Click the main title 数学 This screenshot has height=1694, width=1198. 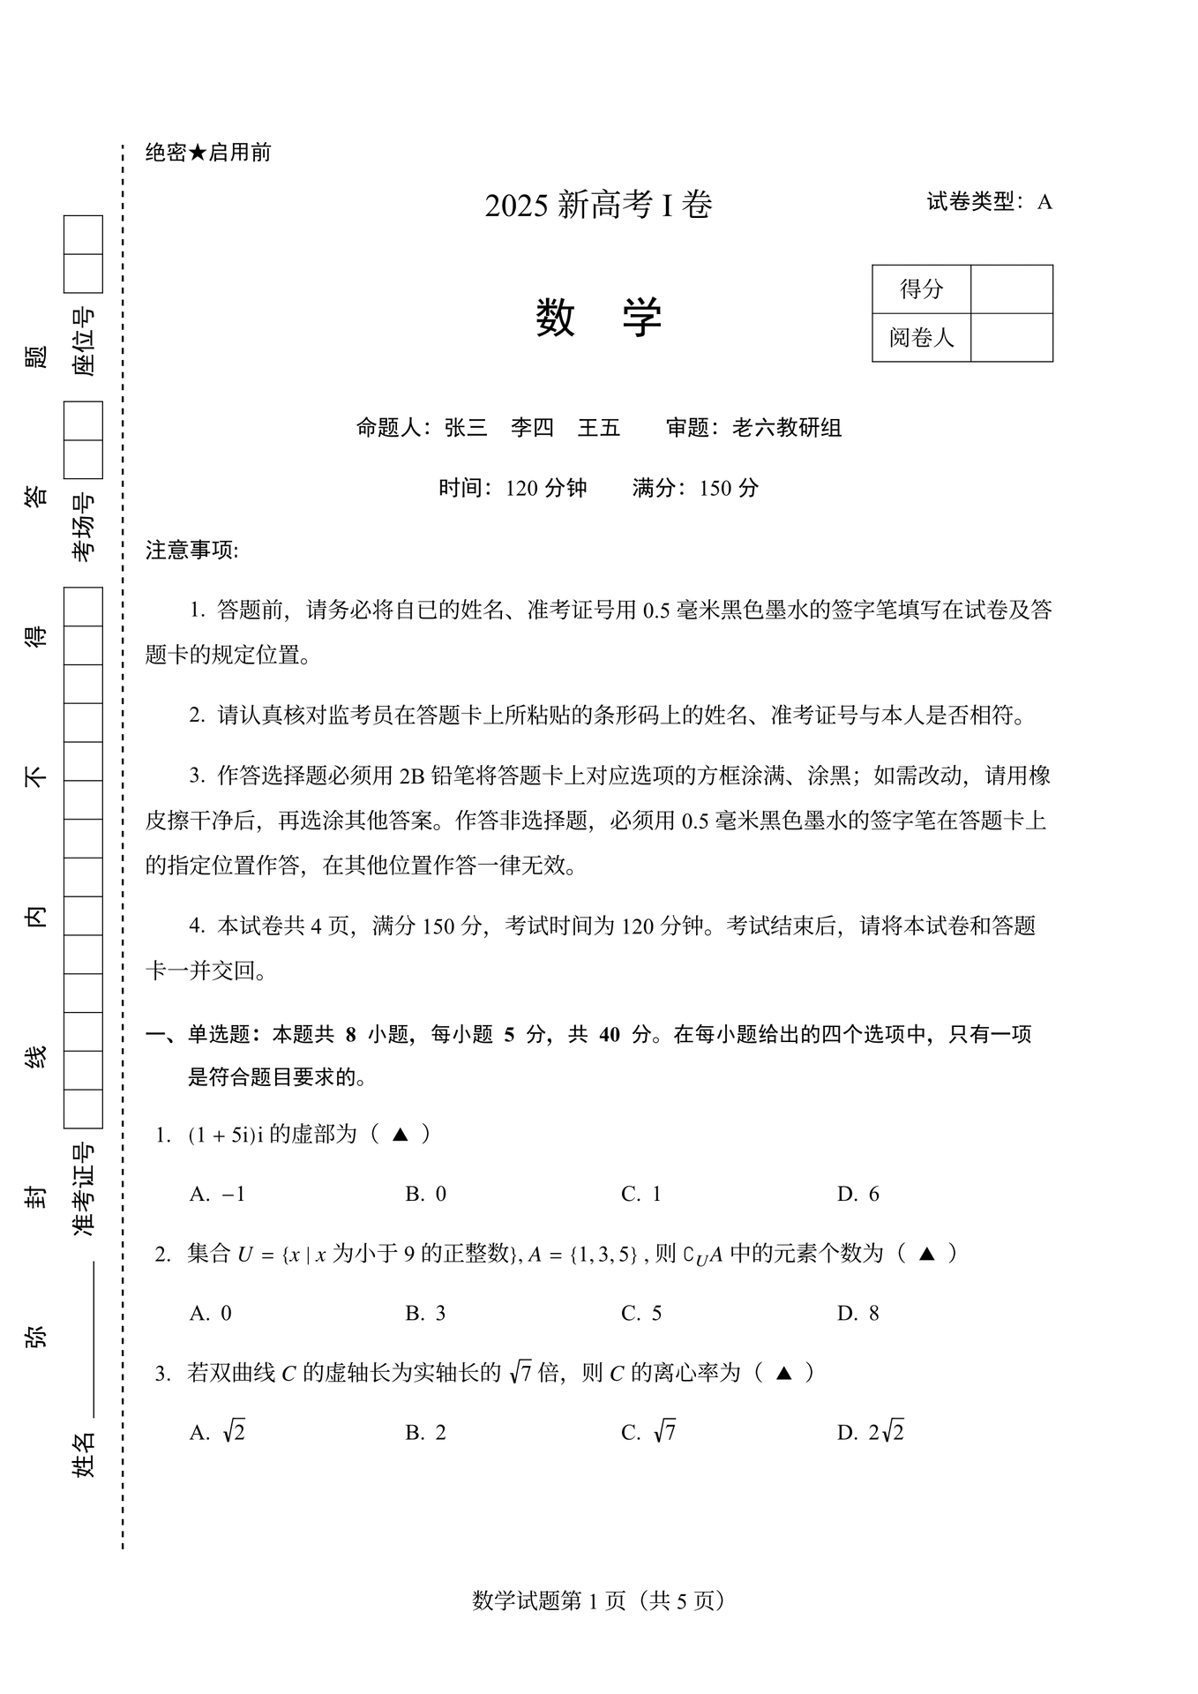pos(598,318)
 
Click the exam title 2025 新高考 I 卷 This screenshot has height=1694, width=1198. pos(598,206)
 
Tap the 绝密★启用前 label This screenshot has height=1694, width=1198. pos(208,153)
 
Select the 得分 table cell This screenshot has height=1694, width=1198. pos(921,289)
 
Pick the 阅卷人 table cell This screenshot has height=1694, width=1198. pos(921,337)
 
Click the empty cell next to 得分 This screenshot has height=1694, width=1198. pos(1011,289)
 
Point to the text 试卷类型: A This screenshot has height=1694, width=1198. pos(989,202)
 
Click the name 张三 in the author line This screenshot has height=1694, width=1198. pos(466,428)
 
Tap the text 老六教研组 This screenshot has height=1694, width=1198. pos(787,428)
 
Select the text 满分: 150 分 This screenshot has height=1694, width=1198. pos(695,488)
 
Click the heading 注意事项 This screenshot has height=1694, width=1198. pos(191,551)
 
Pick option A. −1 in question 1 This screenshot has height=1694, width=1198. pos(217,1194)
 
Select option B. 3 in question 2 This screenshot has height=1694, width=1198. pos(425,1313)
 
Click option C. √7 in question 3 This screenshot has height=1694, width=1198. pos(648,1432)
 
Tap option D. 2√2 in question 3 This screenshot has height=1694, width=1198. pos(870,1432)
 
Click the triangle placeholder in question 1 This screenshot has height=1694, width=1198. pos(400,1135)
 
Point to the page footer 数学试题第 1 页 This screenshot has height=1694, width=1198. pos(598,1600)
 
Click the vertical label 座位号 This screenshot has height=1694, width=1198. pos(83,342)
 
